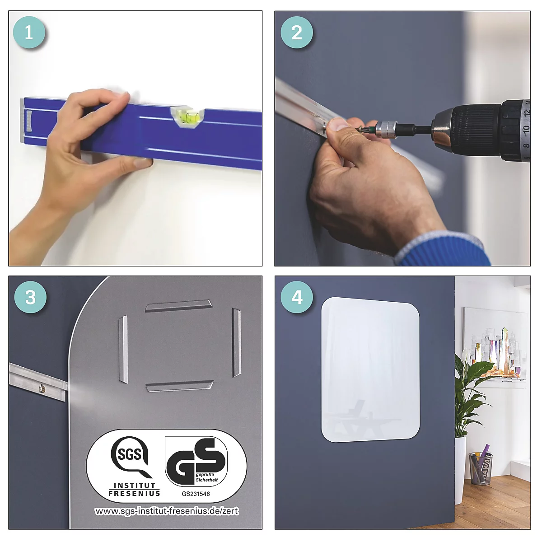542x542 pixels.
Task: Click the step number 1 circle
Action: click(x=29, y=33)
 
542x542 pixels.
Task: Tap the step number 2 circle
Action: click(x=297, y=33)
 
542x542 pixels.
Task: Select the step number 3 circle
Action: click(x=30, y=297)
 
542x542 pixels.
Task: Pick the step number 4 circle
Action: click(x=297, y=297)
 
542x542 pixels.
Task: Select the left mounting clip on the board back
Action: click(x=123, y=349)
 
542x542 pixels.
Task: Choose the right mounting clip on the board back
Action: click(x=236, y=342)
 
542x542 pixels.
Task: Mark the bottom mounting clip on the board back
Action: click(x=179, y=386)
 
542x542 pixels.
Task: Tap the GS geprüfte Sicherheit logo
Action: click(x=196, y=461)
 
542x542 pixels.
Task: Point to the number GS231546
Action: click(x=196, y=494)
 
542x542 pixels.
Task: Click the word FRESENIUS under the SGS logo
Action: click(x=134, y=493)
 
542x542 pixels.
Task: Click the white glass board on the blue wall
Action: click(x=370, y=369)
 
